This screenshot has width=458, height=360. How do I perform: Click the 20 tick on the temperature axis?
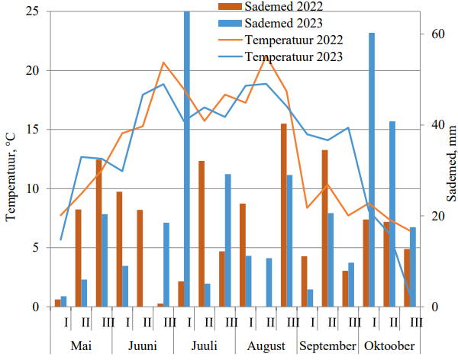point(34,70)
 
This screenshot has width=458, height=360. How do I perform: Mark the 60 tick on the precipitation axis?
point(431,34)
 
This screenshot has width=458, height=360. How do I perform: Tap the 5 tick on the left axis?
point(37,248)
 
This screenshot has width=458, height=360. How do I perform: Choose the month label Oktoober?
point(389,345)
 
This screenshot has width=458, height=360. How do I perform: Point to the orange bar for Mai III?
point(98,233)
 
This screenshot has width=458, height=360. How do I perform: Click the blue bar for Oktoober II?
point(392,214)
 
